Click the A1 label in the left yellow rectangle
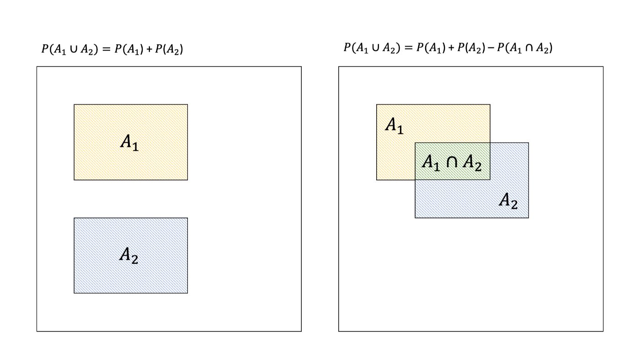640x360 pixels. [x=129, y=142]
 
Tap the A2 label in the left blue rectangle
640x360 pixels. [x=129, y=255]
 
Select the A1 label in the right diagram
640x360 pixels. [x=394, y=125]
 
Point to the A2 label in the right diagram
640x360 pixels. [x=508, y=200]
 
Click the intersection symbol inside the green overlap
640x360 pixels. [x=451, y=162]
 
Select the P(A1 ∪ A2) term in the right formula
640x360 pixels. [x=372, y=48]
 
